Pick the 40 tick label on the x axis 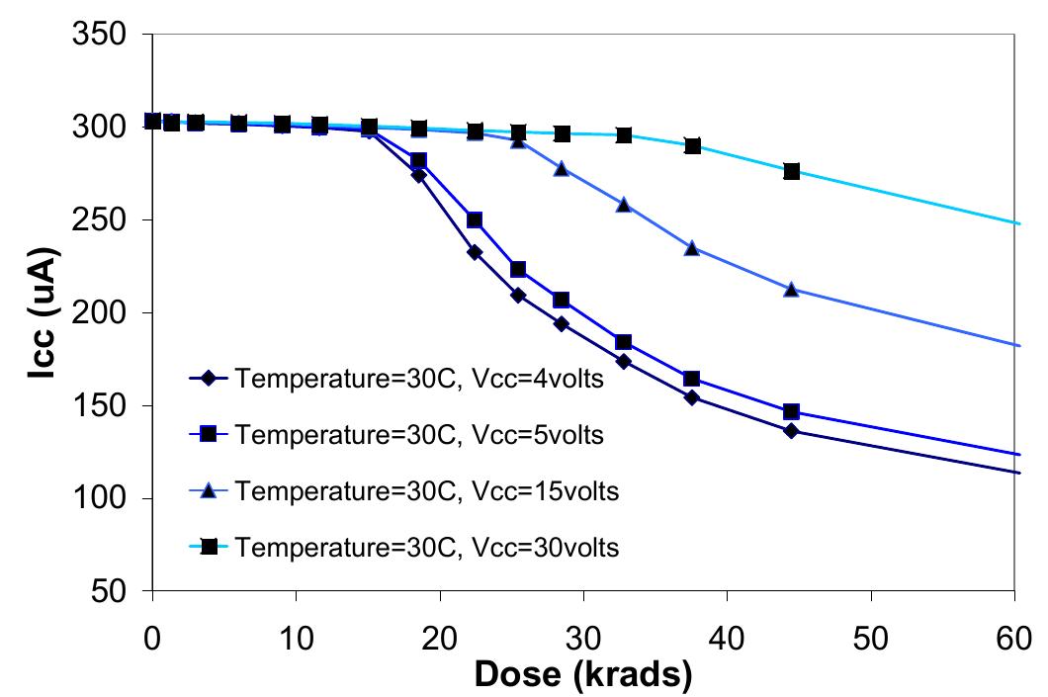tap(727, 635)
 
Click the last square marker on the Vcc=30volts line tap(791, 171)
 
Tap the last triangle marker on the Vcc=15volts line tap(791, 290)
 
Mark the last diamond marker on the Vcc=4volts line tap(791, 430)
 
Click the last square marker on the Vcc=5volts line tap(791, 411)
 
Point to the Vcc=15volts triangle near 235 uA tap(691, 248)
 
